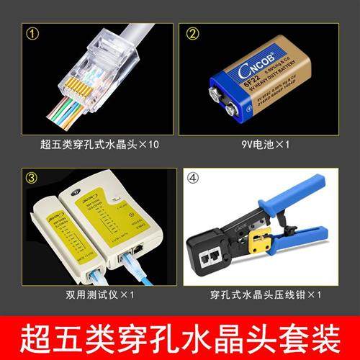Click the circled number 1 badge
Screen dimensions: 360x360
(31, 33)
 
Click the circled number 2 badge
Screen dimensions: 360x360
(194, 33)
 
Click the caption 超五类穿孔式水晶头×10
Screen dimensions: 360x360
(99, 144)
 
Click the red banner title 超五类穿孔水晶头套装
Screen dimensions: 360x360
(180, 335)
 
